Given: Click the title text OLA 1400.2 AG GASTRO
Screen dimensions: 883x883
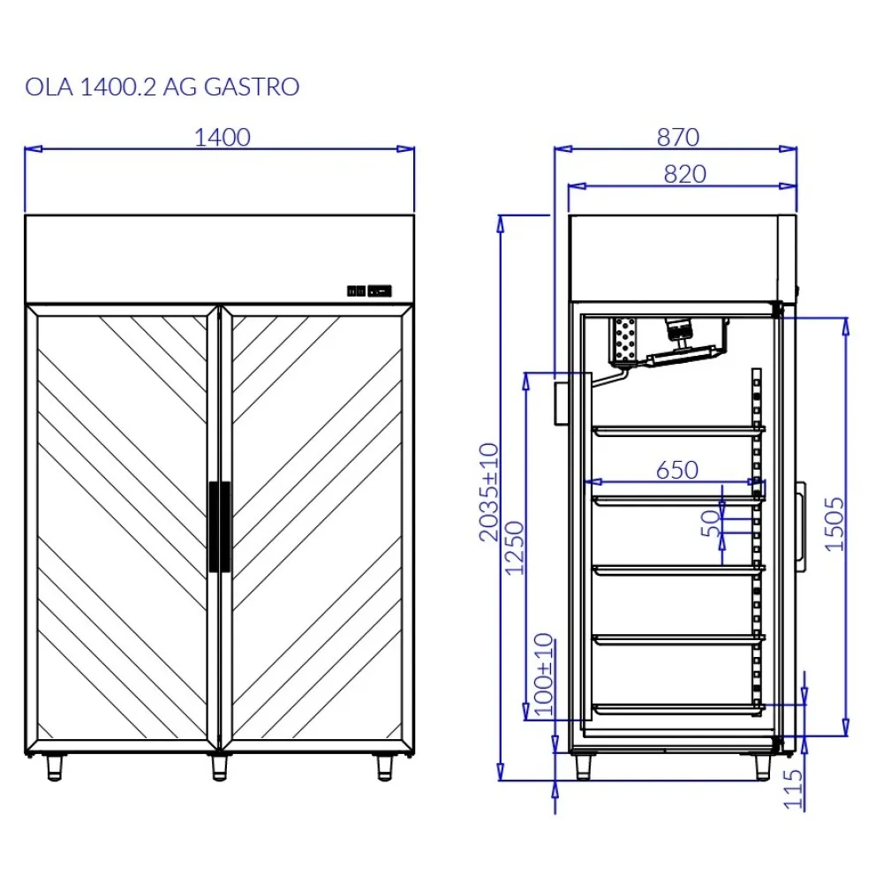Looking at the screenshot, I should pos(162,87).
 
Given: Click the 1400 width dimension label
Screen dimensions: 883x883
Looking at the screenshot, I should pos(222,137).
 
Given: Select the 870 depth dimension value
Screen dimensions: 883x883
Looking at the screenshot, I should pos(677,137).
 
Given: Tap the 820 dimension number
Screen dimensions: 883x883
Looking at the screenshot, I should pos(684,174).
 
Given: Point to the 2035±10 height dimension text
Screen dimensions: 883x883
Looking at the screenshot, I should pos(488,493).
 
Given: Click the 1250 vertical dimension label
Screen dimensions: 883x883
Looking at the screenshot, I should pos(515,547).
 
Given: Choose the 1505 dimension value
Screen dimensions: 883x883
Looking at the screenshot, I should pos(834,524).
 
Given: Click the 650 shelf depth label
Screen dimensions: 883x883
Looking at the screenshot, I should pos(676,470).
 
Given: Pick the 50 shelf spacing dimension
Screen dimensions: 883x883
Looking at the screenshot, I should pos(709,523).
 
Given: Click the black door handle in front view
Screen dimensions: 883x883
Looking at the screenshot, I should pos(219,527).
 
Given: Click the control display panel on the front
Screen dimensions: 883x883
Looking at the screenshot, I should pos(369,290).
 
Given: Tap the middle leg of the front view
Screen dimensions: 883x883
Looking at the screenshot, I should pos(219,766).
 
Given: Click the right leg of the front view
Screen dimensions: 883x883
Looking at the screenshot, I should pos(384,766).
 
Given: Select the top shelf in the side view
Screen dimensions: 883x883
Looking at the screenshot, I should pos(676,430).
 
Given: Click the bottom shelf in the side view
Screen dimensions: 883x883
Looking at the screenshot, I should pos(676,708).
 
